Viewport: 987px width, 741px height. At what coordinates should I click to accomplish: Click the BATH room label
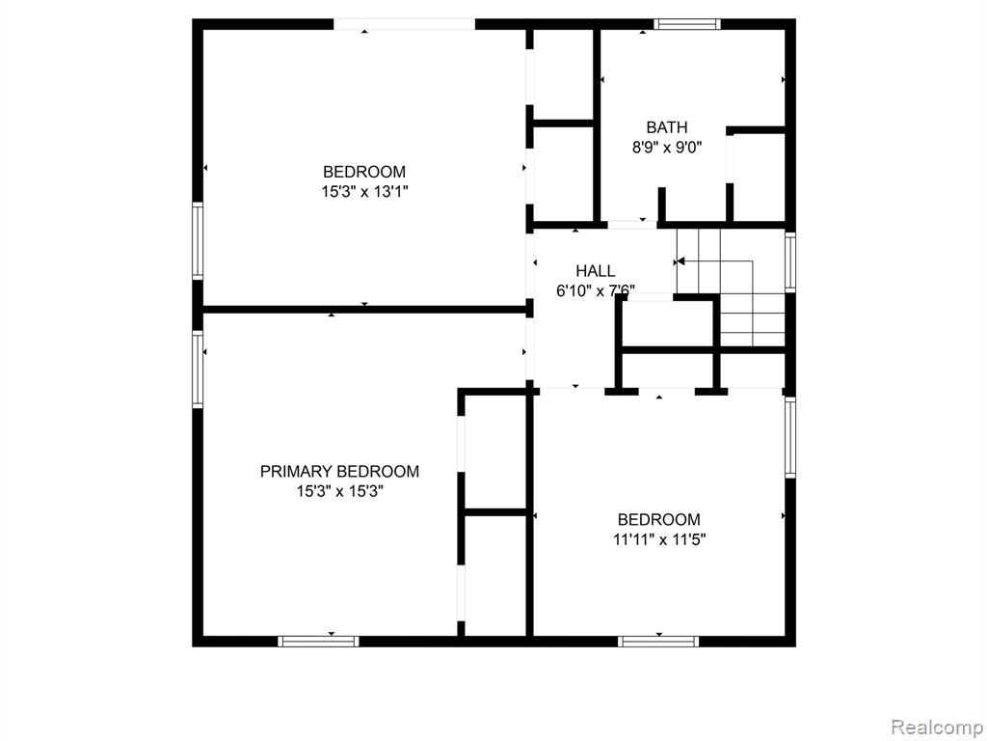(667, 127)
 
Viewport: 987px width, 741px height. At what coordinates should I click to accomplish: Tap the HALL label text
(596, 271)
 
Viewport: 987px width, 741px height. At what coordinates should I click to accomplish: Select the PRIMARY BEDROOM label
(340, 471)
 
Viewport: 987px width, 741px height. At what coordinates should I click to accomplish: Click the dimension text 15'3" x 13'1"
(365, 192)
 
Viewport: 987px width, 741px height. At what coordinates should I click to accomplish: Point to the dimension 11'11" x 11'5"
(659, 539)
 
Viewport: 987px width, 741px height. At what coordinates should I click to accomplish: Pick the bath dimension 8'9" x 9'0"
(667, 148)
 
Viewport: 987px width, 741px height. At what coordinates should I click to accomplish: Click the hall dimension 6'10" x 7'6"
(596, 290)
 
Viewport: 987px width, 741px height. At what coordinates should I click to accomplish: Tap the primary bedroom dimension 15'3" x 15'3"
(340, 491)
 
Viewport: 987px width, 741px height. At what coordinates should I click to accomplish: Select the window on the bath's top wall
(686, 24)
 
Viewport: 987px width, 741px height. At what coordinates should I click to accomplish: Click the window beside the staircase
(790, 261)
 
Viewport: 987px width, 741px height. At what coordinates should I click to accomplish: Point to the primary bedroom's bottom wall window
(318, 642)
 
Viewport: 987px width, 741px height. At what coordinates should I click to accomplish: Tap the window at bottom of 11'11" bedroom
(658, 642)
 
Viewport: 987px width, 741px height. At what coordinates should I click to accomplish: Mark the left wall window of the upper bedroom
(198, 241)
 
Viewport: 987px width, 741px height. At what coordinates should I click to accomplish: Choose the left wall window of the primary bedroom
(198, 370)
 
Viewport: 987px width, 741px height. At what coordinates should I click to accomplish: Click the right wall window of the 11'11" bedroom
(790, 437)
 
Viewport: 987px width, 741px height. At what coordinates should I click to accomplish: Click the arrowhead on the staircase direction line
(680, 261)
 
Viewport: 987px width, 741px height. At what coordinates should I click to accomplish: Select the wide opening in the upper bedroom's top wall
(404, 24)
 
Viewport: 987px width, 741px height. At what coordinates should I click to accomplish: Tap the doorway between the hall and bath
(632, 225)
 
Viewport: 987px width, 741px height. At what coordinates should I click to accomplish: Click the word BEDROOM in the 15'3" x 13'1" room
(364, 172)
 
